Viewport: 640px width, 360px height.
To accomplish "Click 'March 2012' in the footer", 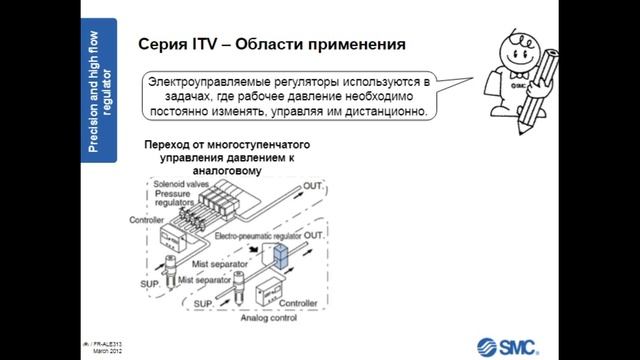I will click(107, 352).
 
